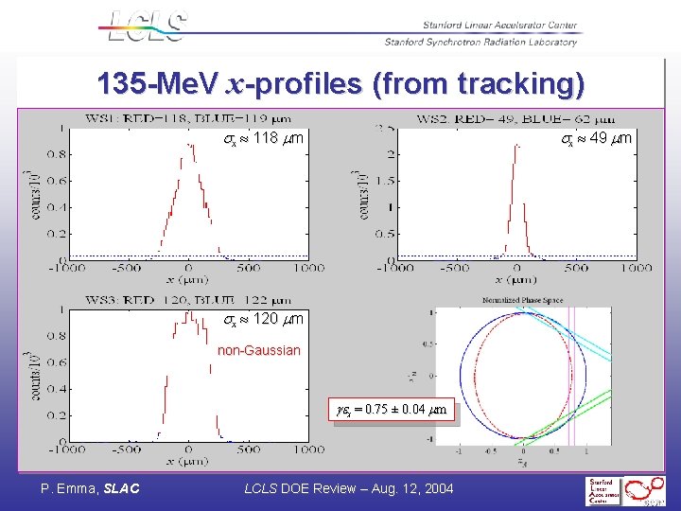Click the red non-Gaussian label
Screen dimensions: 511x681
(x=258, y=350)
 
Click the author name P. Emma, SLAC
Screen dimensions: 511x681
(x=90, y=488)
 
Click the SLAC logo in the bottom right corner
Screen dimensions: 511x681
(x=624, y=490)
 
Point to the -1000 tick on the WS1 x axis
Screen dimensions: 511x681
(x=69, y=268)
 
